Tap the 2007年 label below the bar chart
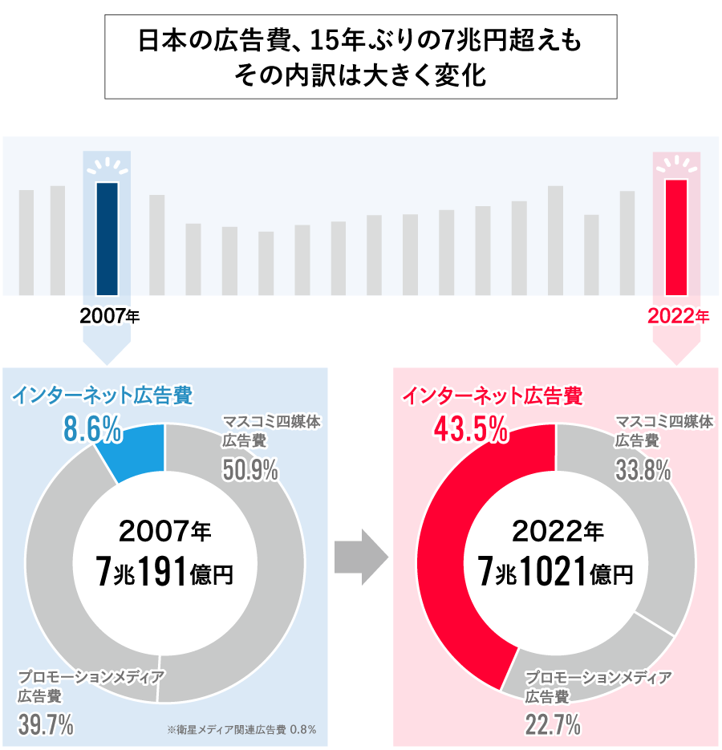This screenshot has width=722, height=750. pyautogui.click(x=109, y=316)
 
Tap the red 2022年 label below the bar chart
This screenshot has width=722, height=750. pyautogui.click(x=678, y=316)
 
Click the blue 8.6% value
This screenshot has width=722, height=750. pyautogui.click(x=92, y=430)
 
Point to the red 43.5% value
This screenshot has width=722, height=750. pyautogui.click(x=470, y=429)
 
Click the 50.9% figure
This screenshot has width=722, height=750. pyautogui.click(x=250, y=471)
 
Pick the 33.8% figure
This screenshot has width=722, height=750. pyautogui.click(x=643, y=471)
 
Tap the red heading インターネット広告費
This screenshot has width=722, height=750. pyautogui.click(x=492, y=395)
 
